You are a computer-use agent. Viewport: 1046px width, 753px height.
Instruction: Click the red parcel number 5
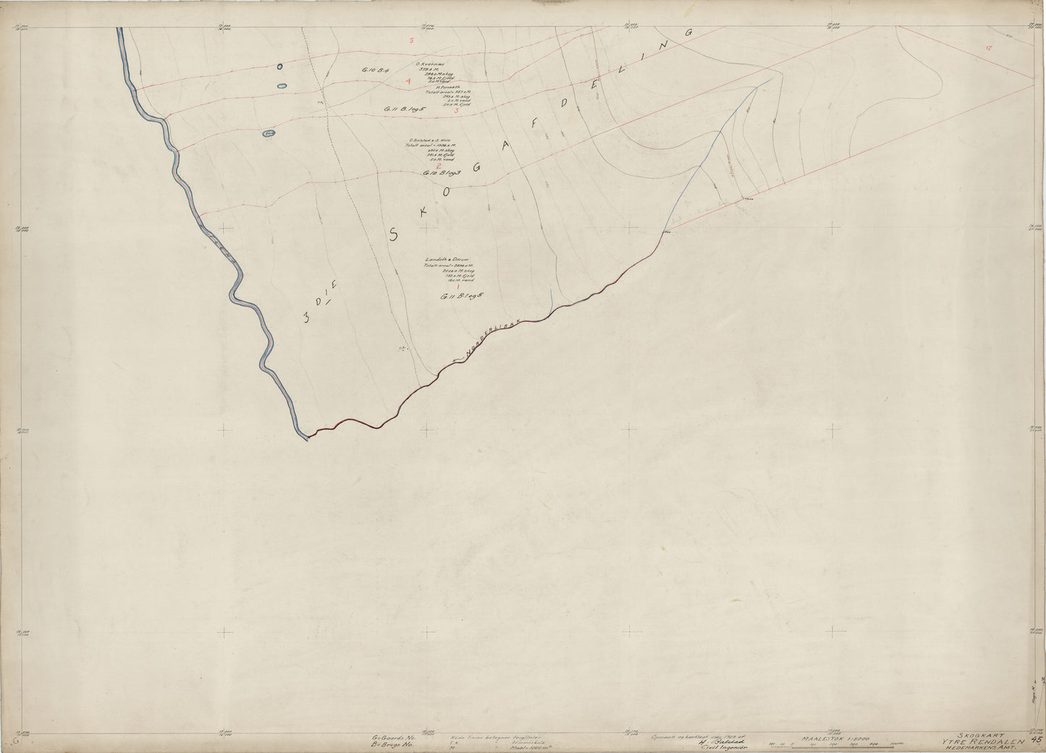tap(411, 41)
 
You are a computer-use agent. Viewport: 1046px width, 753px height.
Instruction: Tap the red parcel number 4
tap(408, 81)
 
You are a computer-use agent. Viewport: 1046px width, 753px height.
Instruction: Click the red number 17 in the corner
tap(989, 48)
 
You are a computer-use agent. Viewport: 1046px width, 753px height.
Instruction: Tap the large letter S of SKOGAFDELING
tap(395, 233)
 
